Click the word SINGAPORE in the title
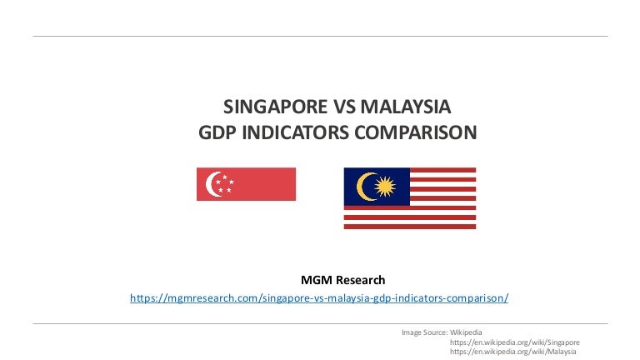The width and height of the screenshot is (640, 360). (x=276, y=107)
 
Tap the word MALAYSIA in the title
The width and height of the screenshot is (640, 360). (x=406, y=107)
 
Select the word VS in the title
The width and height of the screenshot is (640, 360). (x=344, y=107)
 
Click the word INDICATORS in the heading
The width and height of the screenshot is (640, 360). (x=296, y=132)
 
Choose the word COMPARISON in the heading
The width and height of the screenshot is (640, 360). (x=416, y=132)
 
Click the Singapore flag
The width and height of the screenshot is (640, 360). (x=246, y=184)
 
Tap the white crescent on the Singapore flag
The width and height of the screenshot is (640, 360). (x=213, y=184)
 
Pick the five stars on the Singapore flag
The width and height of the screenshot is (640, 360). (x=224, y=184)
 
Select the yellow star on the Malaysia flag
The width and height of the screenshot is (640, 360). (x=385, y=187)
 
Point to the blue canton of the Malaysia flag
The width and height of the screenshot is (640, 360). (x=377, y=187)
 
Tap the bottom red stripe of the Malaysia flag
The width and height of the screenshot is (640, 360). (x=410, y=227)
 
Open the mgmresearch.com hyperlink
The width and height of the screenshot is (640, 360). (x=319, y=298)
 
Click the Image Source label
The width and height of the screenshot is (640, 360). (x=424, y=332)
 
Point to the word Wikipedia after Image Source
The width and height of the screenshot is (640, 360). (x=466, y=332)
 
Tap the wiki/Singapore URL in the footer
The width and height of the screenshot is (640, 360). (x=515, y=342)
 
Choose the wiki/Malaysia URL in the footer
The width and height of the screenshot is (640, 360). (x=513, y=352)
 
